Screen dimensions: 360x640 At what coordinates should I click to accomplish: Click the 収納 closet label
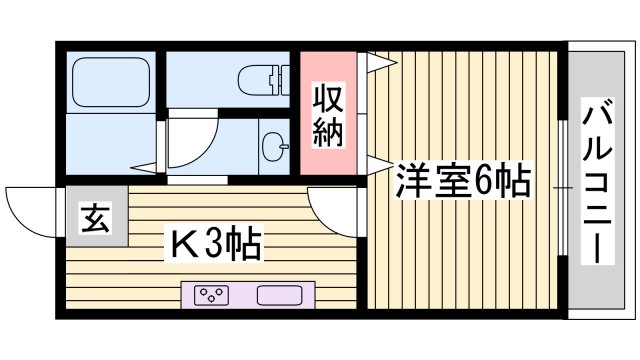pos(329,115)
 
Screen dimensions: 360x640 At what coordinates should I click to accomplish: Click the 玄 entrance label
pos(96,218)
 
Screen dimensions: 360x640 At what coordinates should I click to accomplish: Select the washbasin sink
pos(272,146)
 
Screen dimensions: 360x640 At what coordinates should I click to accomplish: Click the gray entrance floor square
pos(96,218)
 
